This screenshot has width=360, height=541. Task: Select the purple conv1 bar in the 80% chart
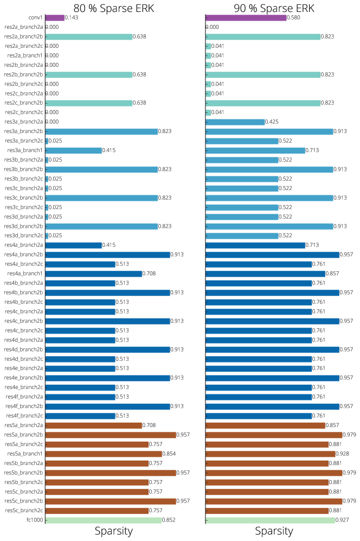[x=55, y=18]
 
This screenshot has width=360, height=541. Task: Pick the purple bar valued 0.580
[x=246, y=18]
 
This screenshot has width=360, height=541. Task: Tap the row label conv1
[x=35, y=18]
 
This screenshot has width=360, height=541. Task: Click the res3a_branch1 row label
[x=25, y=150]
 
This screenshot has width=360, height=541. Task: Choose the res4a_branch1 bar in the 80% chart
[x=93, y=273]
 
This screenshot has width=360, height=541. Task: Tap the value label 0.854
[x=170, y=454]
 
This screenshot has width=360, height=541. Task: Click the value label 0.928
[x=343, y=454]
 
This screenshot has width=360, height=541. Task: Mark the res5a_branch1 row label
[x=25, y=454]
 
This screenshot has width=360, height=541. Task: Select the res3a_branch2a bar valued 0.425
[x=235, y=122]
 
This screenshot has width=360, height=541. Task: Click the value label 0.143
[x=71, y=18]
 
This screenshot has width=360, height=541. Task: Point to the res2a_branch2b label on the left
[x=23, y=37]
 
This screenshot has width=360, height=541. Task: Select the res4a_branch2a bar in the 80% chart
[x=74, y=245]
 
